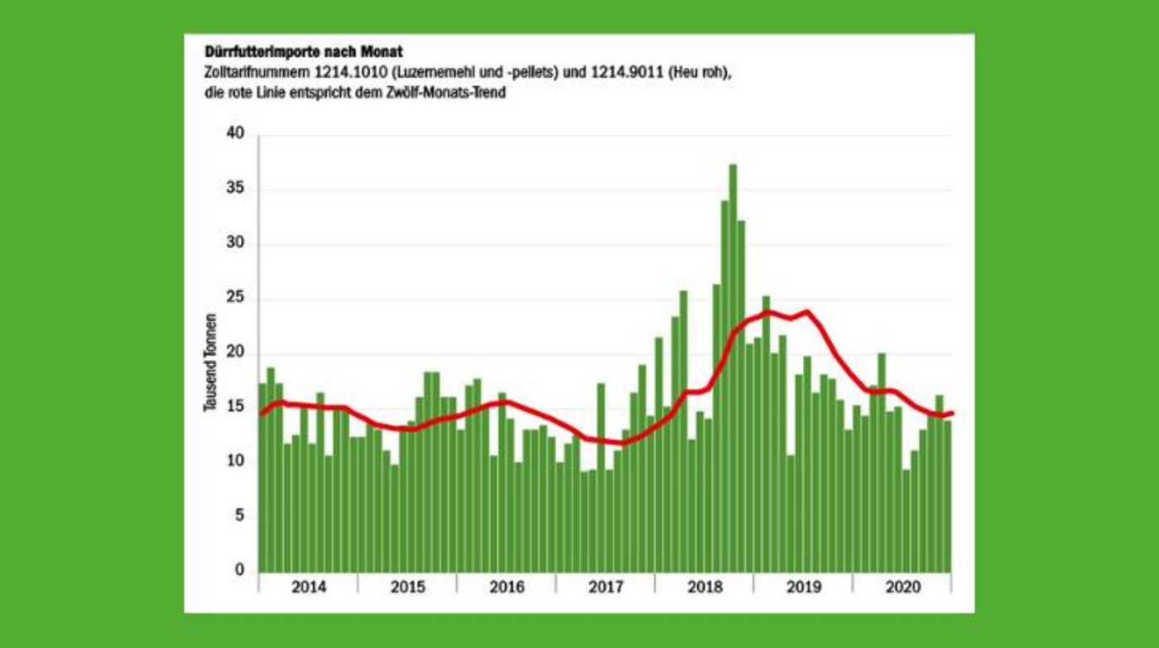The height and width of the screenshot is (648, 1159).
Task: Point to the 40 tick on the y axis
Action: tap(235, 135)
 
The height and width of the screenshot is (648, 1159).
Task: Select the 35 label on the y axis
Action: tap(235, 190)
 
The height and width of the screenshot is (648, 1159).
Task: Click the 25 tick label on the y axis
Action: tap(235, 299)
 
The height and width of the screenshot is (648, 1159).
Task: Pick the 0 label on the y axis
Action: tap(240, 570)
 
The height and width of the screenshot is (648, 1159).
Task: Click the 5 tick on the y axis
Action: tap(240, 516)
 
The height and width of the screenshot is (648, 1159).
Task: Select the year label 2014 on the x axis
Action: tap(309, 588)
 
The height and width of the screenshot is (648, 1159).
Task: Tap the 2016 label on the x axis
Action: tap(507, 588)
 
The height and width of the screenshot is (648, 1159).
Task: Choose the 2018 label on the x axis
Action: tap(704, 588)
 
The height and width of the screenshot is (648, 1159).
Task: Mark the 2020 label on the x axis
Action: tap(902, 588)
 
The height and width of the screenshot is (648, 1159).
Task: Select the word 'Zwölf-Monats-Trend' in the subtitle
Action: tap(448, 93)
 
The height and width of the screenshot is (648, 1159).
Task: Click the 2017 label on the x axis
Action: tap(605, 588)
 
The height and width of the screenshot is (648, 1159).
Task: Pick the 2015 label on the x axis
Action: tap(407, 588)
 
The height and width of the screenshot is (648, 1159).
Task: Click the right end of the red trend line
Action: tap(953, 412)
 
